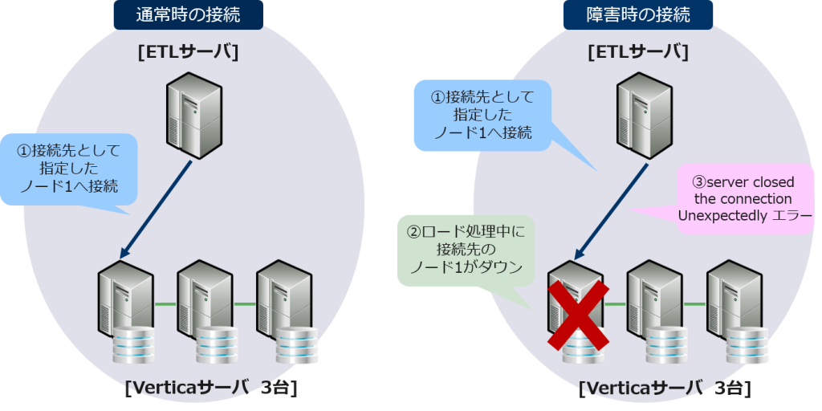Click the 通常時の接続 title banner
(x=188, y=14)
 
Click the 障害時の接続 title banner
(x=637, y=14)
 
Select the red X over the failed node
(x=578, y=313)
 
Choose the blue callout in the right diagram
(x=482, y=115)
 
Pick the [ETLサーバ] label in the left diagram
(x=189, y=52)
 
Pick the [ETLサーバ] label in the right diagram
(x=638, y=52)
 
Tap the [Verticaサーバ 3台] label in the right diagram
(x=665, y=389)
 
